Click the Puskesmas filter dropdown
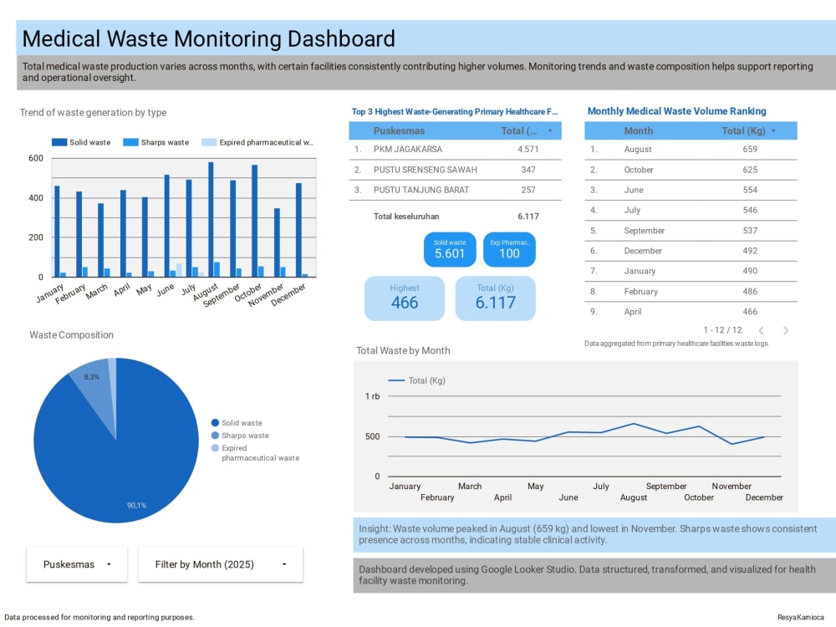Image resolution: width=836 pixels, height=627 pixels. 77,564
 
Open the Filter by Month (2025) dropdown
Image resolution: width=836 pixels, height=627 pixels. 220,564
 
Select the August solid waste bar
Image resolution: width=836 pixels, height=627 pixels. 211,219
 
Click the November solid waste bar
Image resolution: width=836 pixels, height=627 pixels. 277,242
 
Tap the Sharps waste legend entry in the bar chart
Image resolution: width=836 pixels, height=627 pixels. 155,142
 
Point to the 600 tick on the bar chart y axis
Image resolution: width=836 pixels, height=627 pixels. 36,158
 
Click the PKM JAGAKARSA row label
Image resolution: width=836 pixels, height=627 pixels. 408,150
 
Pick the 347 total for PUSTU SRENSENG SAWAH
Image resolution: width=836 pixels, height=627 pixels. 528,170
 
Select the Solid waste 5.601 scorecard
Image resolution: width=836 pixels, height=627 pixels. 450,249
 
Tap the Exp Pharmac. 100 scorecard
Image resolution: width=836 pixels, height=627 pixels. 509,249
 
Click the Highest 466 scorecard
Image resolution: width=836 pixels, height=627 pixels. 404,298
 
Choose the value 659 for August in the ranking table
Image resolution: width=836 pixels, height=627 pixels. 750,150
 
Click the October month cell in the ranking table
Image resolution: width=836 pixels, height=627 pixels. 639,170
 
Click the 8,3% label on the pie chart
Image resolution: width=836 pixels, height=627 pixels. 91,377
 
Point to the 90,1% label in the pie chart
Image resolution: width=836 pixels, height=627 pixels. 136,506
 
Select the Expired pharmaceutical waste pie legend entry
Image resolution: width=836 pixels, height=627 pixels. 255,452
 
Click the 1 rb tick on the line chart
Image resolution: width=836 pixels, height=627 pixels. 372,396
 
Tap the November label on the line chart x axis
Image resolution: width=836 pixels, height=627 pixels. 731,487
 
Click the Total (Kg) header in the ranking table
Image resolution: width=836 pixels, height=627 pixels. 743,130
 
